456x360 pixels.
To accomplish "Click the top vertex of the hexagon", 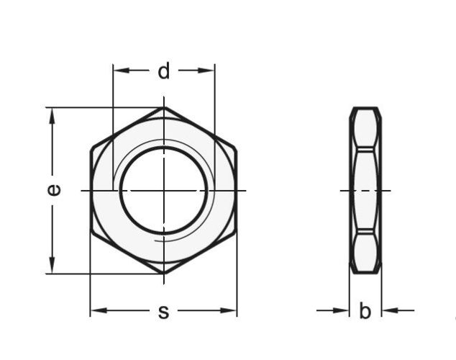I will coord(164,108).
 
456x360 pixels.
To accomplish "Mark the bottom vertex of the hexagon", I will coord(164,273).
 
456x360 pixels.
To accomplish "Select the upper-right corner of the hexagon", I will coord(237,149).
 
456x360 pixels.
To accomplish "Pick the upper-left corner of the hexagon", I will coord(91,149).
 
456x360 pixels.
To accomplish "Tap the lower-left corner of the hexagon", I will coord(91,232).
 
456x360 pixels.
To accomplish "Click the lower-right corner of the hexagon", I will coord(237,232).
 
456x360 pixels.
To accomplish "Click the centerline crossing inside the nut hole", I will coord(164,190).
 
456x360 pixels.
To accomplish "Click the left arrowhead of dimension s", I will coord(96,311).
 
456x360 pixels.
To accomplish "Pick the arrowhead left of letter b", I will coord(345,311).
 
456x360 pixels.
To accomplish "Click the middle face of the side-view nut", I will coord(365,190).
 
